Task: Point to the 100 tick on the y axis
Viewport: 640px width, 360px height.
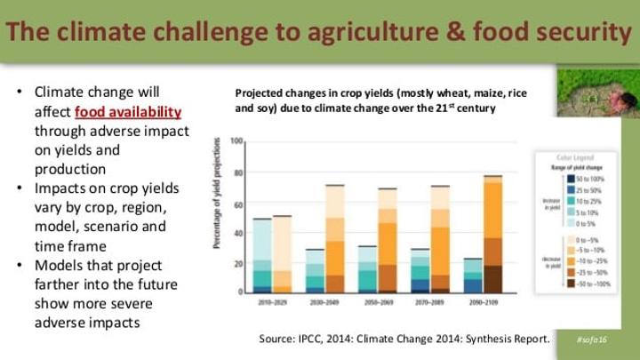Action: point(236,142)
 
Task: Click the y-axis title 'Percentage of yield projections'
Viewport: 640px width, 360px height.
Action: point(218,218)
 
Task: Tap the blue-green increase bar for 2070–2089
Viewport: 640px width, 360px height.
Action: point(420,271)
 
